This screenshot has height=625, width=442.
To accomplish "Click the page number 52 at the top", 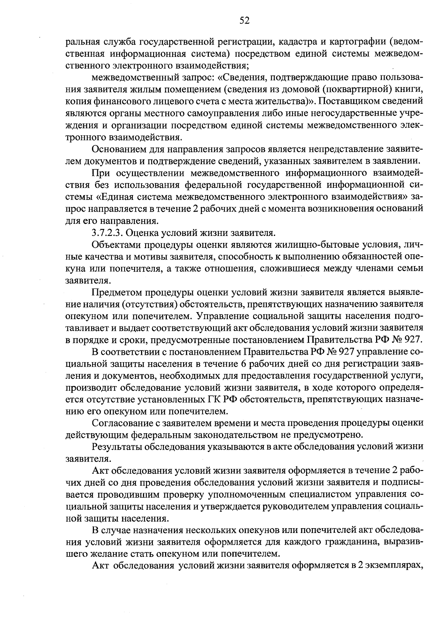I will click(244, 21).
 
